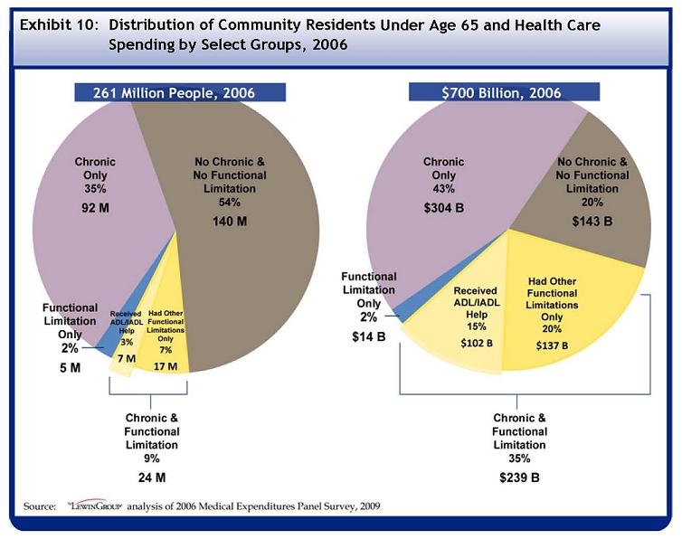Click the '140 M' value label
pos(230,221)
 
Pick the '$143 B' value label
pos(592,221)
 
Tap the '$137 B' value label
pos(552,345)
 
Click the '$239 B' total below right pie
pos(519,477)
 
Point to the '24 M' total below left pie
pos(151,477)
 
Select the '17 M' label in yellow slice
pos(166,366)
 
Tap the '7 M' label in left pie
pos(127,359)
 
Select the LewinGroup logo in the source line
pos(93,506)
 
